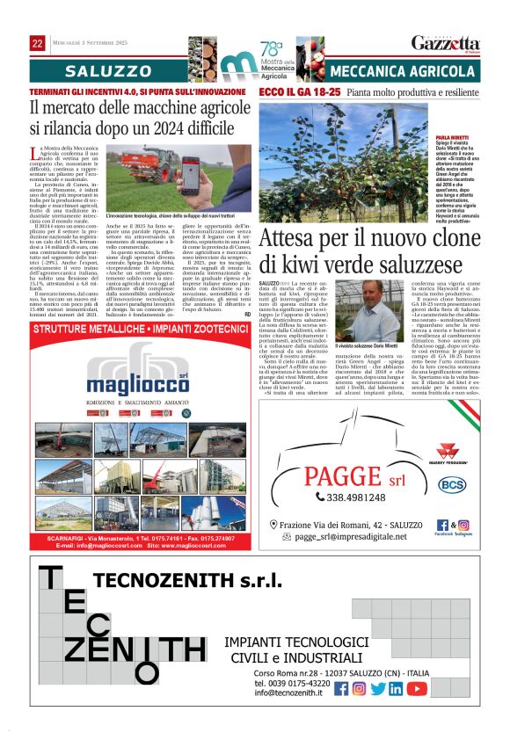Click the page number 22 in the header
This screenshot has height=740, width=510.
[38, 43]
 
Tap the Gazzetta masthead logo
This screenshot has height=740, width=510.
[446, 43]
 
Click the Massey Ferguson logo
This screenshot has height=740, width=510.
[450, 450]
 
